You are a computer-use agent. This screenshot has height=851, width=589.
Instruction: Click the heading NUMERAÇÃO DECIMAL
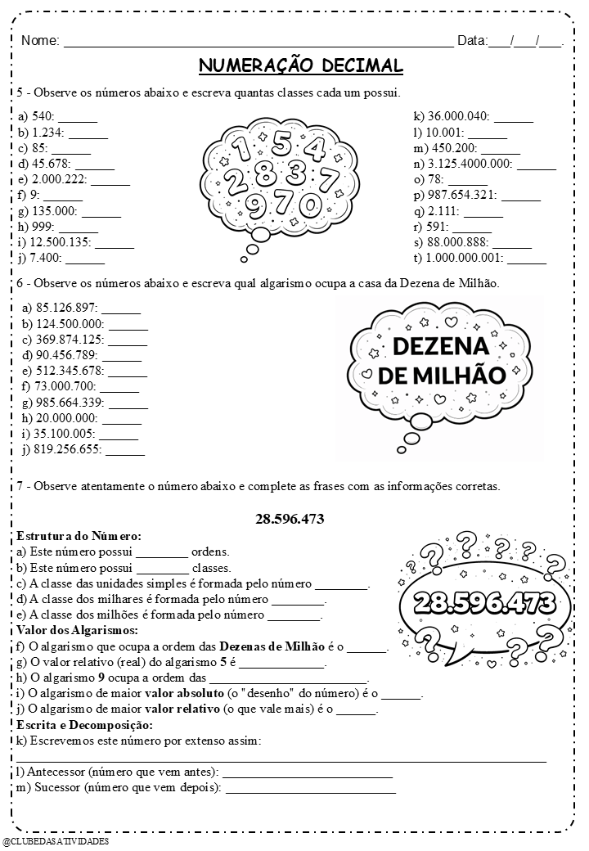(x=300, y=65)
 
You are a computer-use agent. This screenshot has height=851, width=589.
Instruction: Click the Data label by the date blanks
(x=471, y=40)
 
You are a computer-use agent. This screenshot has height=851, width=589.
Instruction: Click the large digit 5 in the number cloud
(x=281, y=144)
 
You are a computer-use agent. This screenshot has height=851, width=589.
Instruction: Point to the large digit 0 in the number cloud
(x=311, y=204)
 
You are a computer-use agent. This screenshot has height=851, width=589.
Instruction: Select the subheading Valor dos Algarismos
(x=78, y=630)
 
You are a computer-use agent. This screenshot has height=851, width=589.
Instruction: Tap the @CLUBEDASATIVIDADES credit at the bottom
(x=56, y=840)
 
